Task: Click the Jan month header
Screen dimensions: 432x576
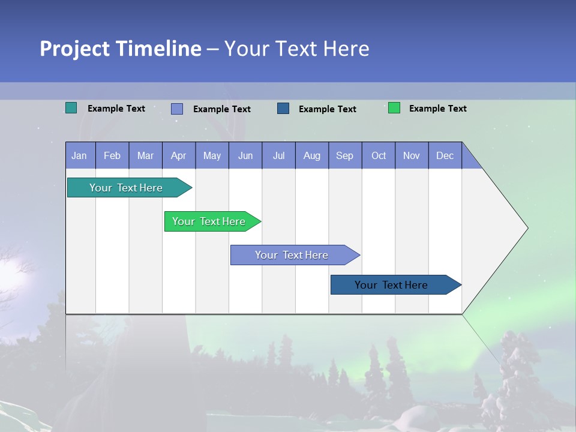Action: [79, 156]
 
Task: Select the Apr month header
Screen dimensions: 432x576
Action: [178, 156]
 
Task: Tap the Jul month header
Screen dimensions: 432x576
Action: [278, 156]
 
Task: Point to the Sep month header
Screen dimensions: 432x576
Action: [344, 156]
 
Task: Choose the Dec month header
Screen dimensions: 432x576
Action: [445, 156]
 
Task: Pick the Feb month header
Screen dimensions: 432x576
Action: [112, 156]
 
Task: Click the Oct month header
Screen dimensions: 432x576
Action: [379, 156]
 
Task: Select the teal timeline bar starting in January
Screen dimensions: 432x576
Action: [126, 188]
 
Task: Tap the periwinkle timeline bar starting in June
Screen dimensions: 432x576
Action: [292, 255]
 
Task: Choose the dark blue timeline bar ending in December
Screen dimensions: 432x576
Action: [391, 285]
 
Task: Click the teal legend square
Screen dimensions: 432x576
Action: [71, 108]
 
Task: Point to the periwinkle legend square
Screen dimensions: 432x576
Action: [177, 109]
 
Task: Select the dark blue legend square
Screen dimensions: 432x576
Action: [283, 109]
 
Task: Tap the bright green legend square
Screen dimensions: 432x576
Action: [394, 108]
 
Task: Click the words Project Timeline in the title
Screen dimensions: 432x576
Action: [120, 49]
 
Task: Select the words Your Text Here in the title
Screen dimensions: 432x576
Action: [296, 49]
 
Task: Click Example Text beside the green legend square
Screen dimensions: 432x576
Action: [437, 109]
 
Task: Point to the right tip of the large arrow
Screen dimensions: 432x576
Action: [526, 228]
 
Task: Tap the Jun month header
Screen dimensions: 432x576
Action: [245, 156]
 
